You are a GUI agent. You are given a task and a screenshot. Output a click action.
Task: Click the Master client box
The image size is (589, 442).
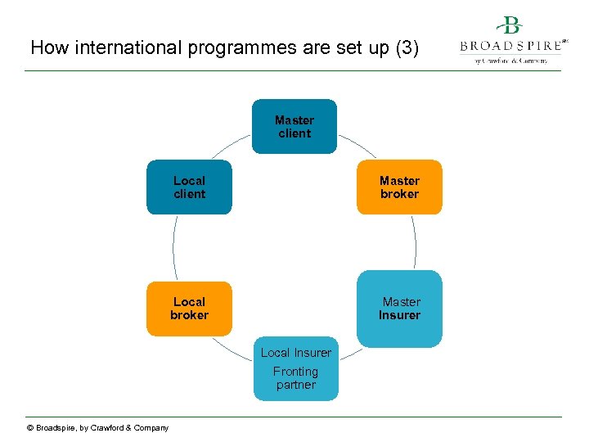coord(294,126)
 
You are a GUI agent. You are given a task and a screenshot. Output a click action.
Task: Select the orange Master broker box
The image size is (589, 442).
coord(399,187)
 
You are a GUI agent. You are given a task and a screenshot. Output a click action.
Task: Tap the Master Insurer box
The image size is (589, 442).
coord(399,309)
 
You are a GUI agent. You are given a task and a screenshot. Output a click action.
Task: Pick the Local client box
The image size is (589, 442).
coord(189,187)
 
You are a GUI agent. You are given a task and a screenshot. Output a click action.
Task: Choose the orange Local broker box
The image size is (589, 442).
coord(189,309)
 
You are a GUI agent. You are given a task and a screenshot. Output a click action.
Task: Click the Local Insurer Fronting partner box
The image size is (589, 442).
coord(295,368)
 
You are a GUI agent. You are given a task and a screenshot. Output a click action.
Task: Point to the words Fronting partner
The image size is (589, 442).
coord(295,378)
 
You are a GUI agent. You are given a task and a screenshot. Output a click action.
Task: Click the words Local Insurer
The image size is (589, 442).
coord(295,353)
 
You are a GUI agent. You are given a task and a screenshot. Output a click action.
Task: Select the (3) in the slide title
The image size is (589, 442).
coord(406,47)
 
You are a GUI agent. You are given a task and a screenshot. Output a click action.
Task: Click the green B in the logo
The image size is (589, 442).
coord(512,26)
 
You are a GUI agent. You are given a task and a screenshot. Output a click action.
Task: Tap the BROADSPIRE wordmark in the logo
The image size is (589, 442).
coord(510,46)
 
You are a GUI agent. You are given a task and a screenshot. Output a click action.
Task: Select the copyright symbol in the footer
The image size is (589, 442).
coord(30,428)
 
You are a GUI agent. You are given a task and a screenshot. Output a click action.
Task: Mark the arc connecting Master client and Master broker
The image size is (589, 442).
coord(357,144)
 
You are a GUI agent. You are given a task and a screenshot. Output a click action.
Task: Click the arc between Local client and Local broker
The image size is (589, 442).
coord(174,248)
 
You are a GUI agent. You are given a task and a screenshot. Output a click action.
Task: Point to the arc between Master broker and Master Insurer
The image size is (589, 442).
coord(415,242)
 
